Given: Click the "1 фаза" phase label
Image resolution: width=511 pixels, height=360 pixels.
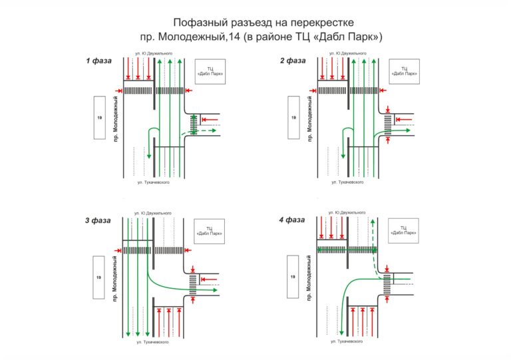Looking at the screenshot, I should click(97, 61).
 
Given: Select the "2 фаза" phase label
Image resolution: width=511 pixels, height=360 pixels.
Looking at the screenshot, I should click(292, 61).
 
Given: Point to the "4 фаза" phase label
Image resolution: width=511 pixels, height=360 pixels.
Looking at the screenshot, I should click(292, 220).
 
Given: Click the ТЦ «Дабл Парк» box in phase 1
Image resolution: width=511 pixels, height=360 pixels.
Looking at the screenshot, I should click(210, 72).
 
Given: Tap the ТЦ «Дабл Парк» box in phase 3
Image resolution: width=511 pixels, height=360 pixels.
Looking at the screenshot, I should click(210, 230).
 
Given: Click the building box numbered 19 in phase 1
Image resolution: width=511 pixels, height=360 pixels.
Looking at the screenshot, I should click(99, 118).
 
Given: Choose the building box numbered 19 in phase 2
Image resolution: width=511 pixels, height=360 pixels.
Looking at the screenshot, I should click(293, 118).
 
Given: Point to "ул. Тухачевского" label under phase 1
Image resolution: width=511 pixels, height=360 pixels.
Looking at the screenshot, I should click(151, 182).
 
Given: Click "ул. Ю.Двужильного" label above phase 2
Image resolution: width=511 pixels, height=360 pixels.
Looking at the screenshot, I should click(346, 53).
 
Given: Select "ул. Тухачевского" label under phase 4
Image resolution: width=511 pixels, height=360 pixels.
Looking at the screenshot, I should click(346, 340).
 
